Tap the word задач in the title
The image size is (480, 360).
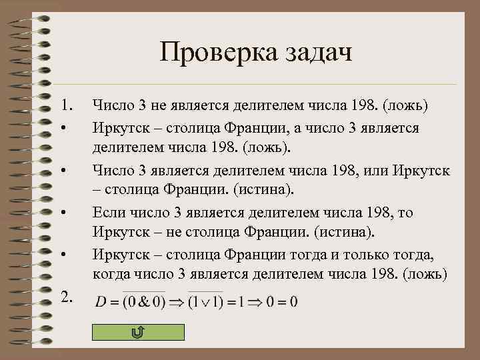point(313,53)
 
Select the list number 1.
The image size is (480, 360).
point(66,105)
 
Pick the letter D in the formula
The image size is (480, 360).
point(101,303)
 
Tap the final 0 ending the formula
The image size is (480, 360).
point(293,303)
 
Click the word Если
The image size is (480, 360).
point(107,213)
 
